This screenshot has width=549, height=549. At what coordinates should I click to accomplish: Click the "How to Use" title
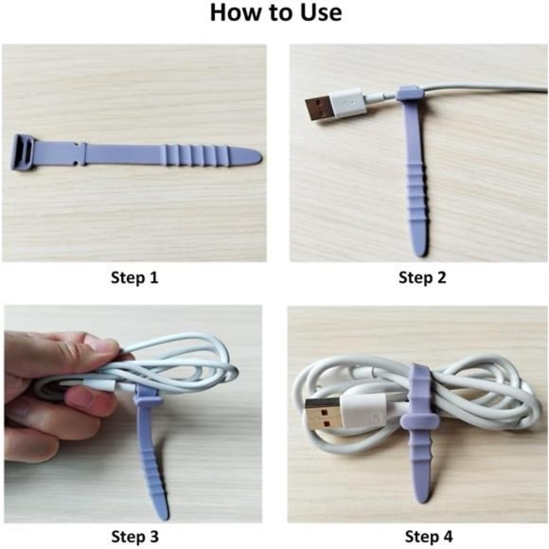point(274,14)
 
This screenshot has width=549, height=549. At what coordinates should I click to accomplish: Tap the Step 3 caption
point(135,537)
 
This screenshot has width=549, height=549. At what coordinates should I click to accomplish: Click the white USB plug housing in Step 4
point(364,415)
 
